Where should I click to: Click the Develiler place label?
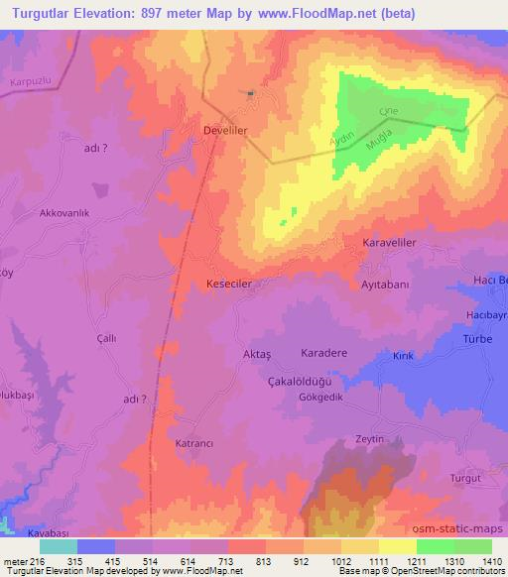(224, 130)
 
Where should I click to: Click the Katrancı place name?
(195, 443)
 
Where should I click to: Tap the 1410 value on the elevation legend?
(491, 560)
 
